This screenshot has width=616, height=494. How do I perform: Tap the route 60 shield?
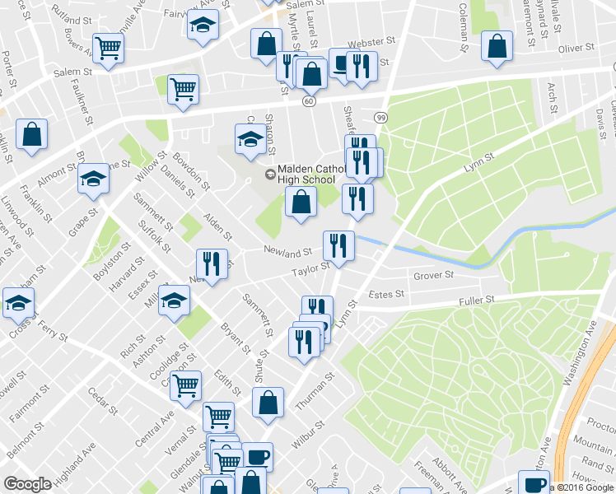point(308,100)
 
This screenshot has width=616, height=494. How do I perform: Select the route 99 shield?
point(380,119)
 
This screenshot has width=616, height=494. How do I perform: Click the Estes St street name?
point(386,294)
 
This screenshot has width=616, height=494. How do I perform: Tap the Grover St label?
point(434,276)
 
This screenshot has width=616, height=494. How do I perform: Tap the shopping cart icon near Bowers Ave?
point(108,49)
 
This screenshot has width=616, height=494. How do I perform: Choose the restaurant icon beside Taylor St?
point(338,245)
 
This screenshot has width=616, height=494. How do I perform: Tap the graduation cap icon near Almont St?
point(93,178)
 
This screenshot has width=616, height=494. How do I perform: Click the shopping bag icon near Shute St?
point(268,403)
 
